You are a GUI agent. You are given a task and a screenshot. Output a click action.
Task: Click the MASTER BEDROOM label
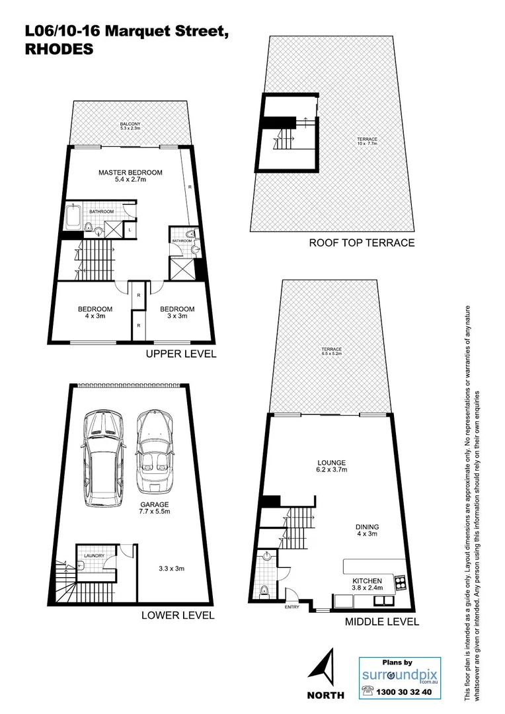[x=130, y=173]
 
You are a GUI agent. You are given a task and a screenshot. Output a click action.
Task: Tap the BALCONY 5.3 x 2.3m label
[x=130, y=126]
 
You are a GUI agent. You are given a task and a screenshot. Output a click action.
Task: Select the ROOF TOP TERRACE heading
[x=362, y=243]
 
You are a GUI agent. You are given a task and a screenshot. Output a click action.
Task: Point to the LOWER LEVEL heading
[x=178, y=615]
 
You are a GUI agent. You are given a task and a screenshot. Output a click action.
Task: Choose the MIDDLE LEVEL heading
[x=382, y=621]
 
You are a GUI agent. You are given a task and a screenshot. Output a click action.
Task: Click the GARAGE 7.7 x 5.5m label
[x=154, y=508]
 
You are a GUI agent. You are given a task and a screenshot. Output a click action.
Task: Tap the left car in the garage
[x=100, y=461]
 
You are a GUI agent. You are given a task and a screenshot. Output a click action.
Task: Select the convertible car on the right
[x=155, y=453]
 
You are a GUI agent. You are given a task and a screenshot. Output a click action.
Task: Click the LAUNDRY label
[x=94, y=555]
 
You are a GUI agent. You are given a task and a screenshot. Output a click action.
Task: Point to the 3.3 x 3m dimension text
[x=171, y=568]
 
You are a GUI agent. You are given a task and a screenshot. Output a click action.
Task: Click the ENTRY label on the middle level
[x=291, y=607]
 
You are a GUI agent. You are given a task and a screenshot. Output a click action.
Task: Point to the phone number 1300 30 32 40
[x=405, y=692]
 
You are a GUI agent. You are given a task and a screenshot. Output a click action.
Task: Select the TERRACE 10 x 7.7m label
[x=367, y=142]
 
